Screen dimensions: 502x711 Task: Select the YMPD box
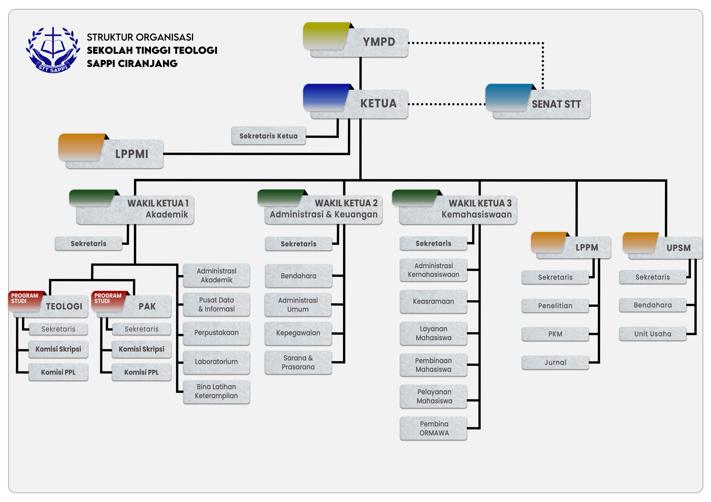[359, 42]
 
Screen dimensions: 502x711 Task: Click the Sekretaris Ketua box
[269, 136]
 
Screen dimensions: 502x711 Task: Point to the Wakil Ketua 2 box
[323, 209]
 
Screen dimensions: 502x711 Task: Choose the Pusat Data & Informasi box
[216, 304]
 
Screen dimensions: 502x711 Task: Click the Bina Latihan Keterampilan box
[216, 391]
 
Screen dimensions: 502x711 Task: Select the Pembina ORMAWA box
[434, 429]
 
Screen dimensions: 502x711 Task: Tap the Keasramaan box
[434, 301]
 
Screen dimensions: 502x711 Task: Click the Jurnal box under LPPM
[555, 362]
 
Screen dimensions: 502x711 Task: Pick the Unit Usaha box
[653, 334]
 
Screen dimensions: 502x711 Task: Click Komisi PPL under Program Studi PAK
[142, 372]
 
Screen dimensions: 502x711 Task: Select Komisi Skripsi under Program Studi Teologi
[58, 349]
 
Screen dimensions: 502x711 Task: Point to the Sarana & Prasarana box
[298, 362]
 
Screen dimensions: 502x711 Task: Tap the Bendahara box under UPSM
[653, 305]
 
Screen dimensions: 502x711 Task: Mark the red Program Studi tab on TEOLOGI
[25, 299]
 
